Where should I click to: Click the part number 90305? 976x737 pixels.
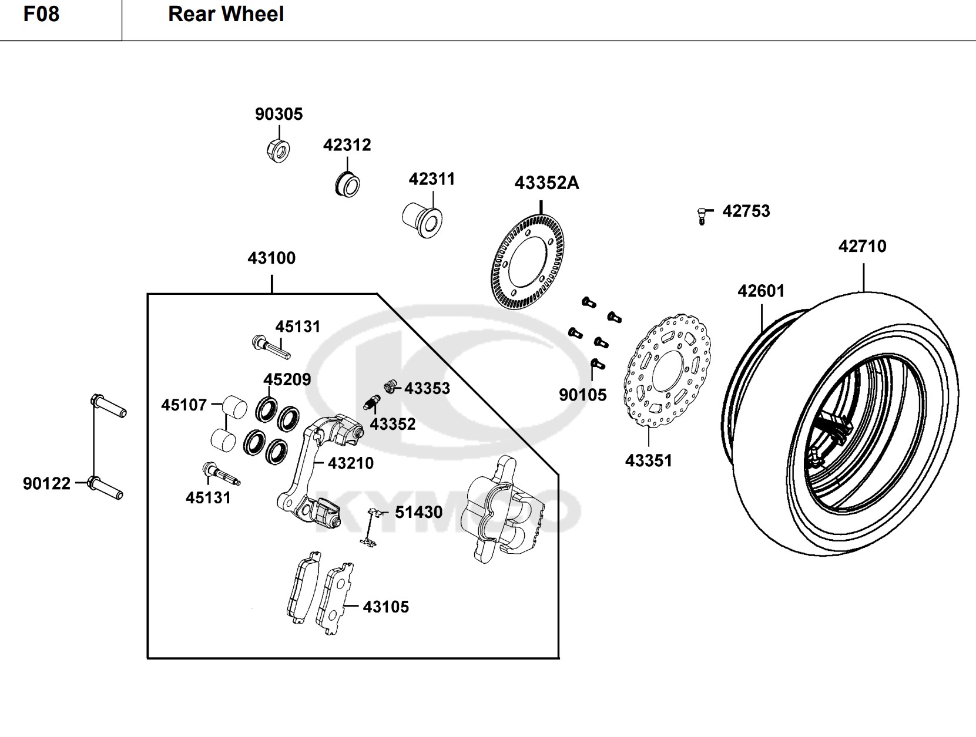(279, 114)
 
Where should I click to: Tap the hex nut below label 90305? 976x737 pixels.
(278, 150)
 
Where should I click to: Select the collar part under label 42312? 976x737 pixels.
(347, 184)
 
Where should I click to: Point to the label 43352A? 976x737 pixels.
(546, 183)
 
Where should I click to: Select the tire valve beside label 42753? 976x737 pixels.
(702, 215)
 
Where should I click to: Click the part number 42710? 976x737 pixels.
(862, 246)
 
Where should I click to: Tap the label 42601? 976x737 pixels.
(761, 291)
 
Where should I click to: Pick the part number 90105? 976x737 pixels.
(582, 395)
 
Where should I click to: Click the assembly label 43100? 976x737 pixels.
(271, 258)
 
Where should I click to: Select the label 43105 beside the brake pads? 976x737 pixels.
(385, 607)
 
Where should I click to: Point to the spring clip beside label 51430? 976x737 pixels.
(370, 527)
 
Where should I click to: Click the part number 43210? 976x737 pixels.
(350, 463)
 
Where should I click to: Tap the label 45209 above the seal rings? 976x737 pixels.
(287, 379)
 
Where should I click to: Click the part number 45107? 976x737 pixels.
(184, 405)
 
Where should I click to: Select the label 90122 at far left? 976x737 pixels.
(46, 483)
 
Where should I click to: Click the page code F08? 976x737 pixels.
(41, 14)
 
